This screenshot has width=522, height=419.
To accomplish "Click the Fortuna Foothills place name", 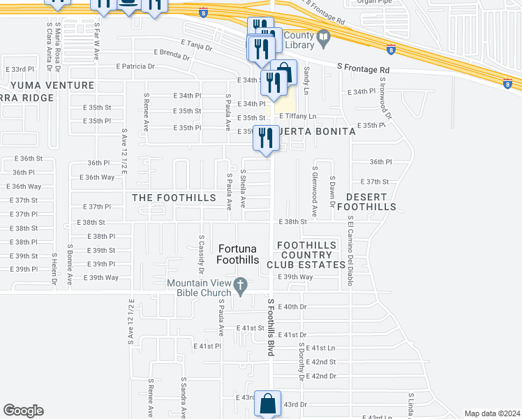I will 238,254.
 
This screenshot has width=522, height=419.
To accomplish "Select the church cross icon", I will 241,285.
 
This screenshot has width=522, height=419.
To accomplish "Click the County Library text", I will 297,38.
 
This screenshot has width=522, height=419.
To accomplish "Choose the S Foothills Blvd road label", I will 270,328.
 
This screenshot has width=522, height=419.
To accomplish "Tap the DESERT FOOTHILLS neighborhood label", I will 366,202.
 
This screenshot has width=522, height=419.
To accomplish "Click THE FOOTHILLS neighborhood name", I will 174,198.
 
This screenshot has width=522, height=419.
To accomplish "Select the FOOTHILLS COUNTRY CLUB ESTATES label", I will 311,255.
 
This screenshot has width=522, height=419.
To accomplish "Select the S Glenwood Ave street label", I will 315,191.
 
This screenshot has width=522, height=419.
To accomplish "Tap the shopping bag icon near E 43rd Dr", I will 267,403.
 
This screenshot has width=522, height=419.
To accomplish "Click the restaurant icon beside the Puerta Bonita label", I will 266,138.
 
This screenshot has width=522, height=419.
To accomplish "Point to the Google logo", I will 24,411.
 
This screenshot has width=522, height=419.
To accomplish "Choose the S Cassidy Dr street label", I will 201,253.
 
